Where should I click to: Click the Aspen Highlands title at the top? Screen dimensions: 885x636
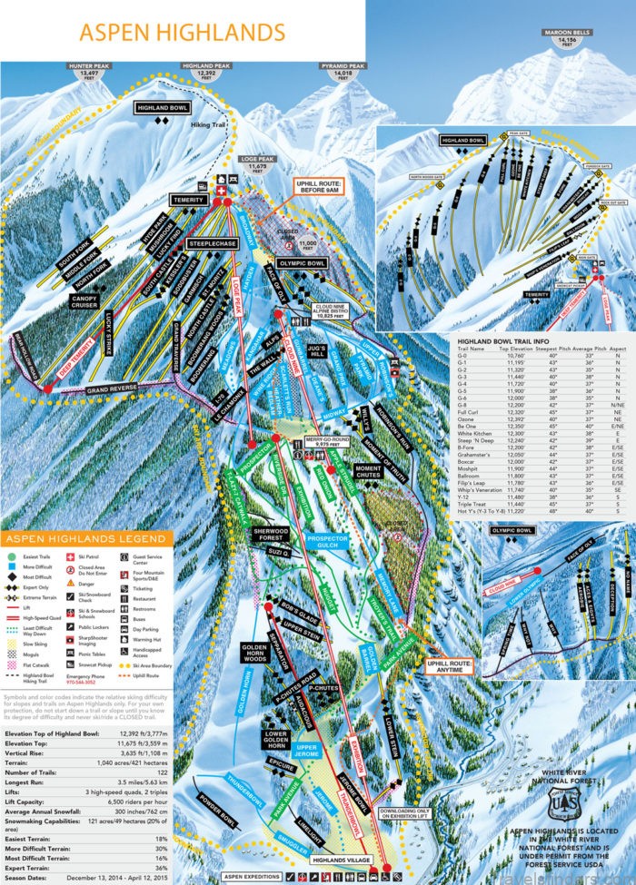pos(182,32)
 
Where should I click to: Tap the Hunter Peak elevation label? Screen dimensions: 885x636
pos(88,71)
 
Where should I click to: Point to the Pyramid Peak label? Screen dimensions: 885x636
pos(344,71)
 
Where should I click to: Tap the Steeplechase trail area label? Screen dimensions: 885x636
pos(212,243)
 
